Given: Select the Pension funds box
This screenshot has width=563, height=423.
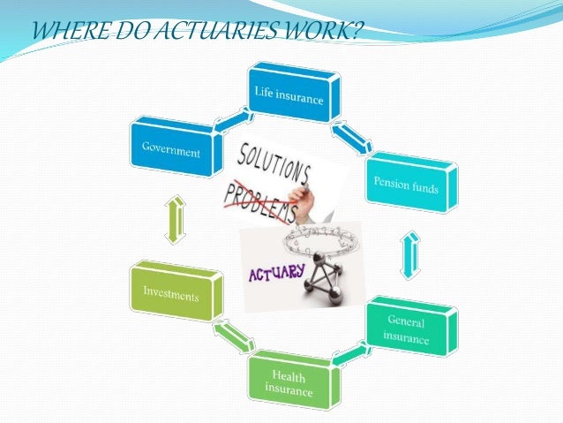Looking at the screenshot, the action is click(411, 184).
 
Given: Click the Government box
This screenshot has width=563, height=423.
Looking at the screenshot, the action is click(172, 147).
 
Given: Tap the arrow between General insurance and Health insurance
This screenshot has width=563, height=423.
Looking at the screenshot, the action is click(350, 355).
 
